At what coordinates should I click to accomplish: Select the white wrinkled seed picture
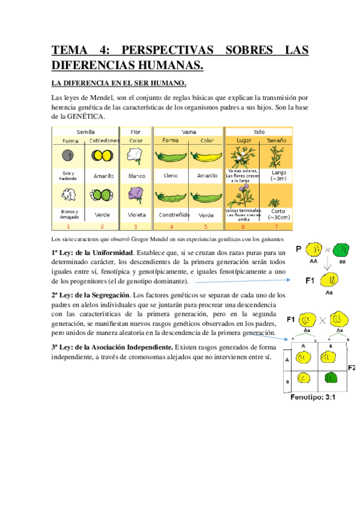point(67,195)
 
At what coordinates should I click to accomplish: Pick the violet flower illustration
point(136,195)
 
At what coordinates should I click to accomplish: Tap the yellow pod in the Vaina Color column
point(206,157)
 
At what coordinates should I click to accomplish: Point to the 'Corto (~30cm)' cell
point(277,215)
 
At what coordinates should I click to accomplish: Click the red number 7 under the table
point(277,227)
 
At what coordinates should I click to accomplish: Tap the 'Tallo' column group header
point(258,131)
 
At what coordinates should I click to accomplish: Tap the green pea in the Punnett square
point(331,378)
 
